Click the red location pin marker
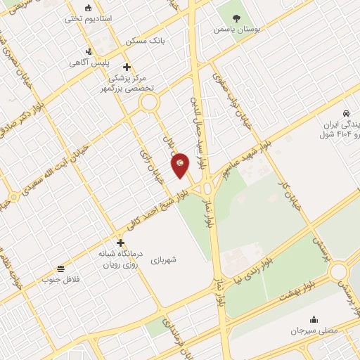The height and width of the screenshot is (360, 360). click(x=181, y=165)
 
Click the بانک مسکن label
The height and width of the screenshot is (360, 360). click(x=150, y=41)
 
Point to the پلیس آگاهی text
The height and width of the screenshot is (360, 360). click(x=88, y=63)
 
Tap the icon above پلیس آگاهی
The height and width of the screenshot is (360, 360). click(x=88, y=51)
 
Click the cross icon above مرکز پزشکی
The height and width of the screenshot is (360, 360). click(x=126, y=66)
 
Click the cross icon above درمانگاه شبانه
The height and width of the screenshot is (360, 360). click(x=121, y=242)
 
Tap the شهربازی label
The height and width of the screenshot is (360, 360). click(x=163, y=259)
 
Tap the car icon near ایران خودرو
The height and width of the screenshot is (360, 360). click(x=345, y=113)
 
